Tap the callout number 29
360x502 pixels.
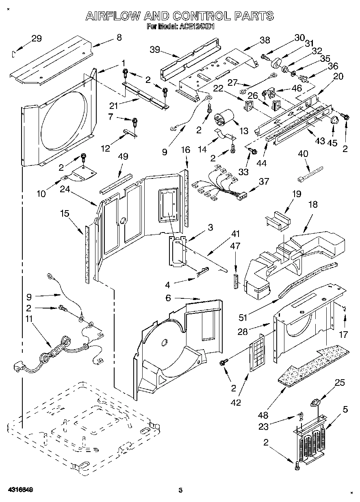tap(37, 39)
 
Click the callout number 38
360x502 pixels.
tap(265, 40)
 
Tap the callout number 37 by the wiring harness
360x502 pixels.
tap(264, 181)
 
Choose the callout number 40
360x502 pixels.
tap(303, 154)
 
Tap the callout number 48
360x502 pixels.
tap(264, 415)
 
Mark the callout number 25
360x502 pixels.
tap(340, 382)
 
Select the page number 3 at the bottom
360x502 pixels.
tap(181, 491)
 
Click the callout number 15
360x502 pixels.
tap(64, 213)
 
